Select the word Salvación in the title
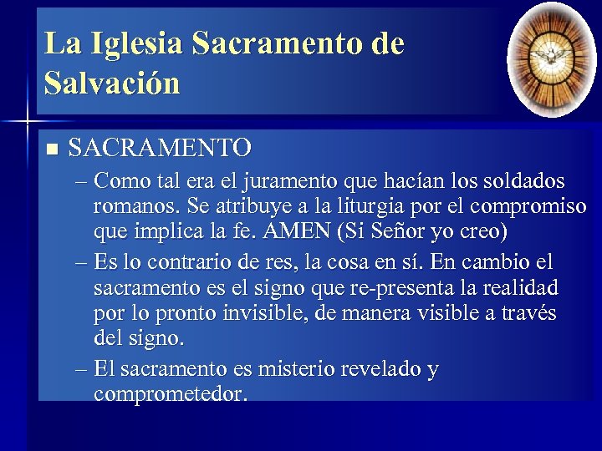pyautogui.click(x=112, y=84)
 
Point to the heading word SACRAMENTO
pyautogui.click(x=160, y=149)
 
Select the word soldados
pyautogui.click(x=522, y=181)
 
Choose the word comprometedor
pyautogui.click(x=171, y=393)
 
